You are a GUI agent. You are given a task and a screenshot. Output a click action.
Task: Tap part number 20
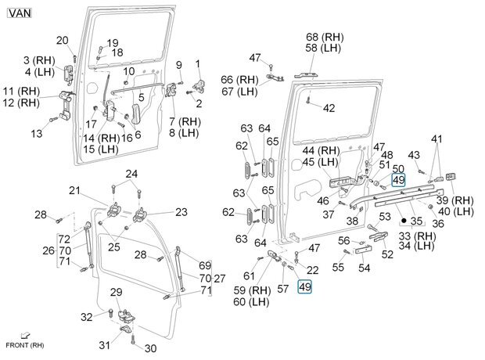(x=63, y=41)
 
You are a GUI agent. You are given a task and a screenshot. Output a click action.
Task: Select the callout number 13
(x=37, y=134)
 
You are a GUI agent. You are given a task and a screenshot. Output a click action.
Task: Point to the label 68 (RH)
(x=324, y=37)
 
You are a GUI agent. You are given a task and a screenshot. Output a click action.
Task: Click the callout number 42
(x=329, y=108)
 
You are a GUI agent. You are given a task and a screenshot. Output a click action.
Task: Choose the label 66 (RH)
(x=239, y=80)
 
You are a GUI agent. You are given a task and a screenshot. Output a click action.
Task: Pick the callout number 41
(x=436, y=139)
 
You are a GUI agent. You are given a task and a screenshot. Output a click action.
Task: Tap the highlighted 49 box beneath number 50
(x=397, y=180)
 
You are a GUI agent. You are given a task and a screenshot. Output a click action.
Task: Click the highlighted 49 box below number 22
(x=305, y=287)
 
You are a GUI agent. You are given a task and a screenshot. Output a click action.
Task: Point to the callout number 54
(x=365, y=268)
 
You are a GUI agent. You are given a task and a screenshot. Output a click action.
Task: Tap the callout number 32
(x=87, y=317)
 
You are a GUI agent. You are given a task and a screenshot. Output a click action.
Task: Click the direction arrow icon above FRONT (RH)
(x=26, y=335)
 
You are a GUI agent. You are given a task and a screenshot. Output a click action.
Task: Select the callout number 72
(x=65, y=238)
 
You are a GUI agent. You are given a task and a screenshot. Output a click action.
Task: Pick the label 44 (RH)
(x=320, y=150)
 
